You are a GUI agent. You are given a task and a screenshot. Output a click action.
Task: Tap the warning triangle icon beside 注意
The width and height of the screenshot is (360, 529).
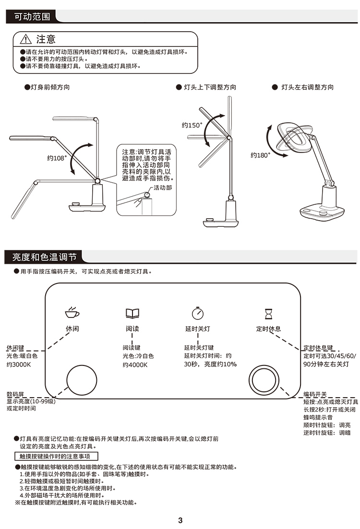[25, 39]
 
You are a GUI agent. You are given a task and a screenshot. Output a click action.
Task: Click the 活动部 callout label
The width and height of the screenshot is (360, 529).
[163, 188]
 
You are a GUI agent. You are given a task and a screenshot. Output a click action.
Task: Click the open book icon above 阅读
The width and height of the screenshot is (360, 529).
[132, 313]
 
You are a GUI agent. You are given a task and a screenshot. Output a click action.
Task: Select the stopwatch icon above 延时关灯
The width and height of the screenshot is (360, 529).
[198, 313]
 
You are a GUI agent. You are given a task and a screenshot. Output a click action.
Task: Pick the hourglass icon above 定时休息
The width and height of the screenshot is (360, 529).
[268, 314]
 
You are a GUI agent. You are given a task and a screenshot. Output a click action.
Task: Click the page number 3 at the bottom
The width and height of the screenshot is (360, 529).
[180, 520]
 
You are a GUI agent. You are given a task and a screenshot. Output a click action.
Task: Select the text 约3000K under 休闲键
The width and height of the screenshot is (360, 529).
[19, 364]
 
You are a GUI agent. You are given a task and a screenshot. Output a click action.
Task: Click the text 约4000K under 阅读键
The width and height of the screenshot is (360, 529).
[135, 365]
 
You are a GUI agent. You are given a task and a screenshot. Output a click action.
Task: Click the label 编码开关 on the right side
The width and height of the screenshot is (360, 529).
[315, 394]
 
